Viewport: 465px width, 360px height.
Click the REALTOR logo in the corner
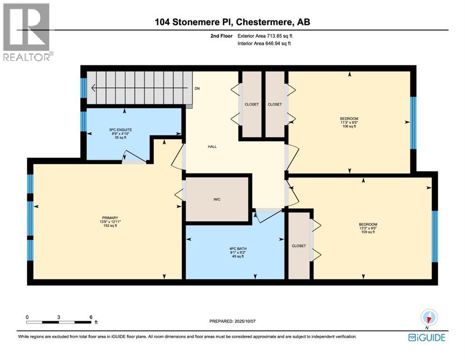click(x=26, y=32)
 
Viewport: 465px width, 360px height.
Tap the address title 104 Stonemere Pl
click(x=232, y=22)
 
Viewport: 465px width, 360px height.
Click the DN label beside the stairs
click(x=197, y=88)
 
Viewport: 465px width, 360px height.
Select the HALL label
click(x=212, y=147)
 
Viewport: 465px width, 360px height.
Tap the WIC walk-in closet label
click(x=216, y=200)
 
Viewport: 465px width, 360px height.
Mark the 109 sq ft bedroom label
click(x=368, y=228)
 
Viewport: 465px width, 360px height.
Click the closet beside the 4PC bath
click(x=299, y=246)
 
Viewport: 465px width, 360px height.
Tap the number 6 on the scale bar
click(x=90, y=317)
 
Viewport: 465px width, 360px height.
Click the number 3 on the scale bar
click(x=59, y=317)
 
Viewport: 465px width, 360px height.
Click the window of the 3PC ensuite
click(x=83, y=121)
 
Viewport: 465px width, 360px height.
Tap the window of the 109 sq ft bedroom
click(x=434, y=236)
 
